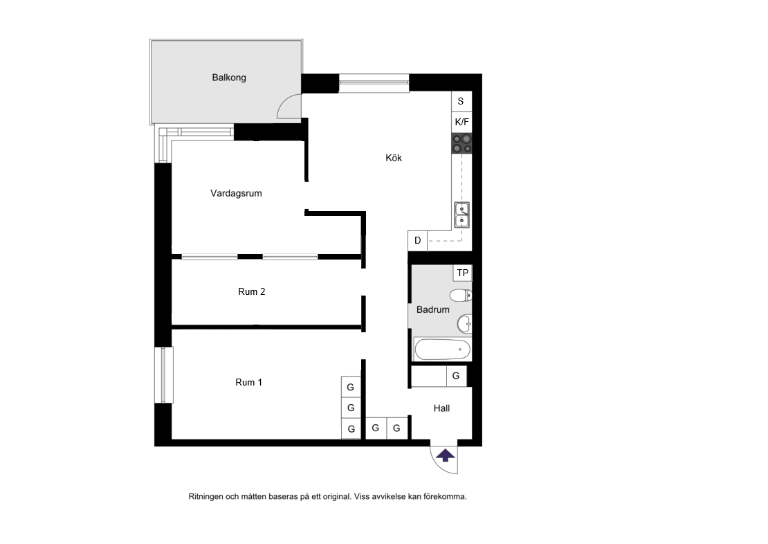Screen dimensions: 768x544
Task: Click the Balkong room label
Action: pyautogui.click(x=229, y=78)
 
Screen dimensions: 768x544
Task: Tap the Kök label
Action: pyautogui.click(x=393, y=158)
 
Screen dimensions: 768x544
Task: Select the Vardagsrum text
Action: pyautogui.click(x=236, y=193)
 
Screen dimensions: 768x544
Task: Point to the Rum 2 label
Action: pyautogui.click(x=251, y=291)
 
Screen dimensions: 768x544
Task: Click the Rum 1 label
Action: pyautogui.click(x=249, y=382)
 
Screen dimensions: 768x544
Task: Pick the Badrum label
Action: pyautogui.click(x=433, y=310)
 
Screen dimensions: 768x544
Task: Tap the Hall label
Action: pyautogui.click(x=441, y=408)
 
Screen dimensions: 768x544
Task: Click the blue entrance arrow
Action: pyautogui.click(x=445, y=456)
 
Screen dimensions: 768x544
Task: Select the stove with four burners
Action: pyautogui.click(x=462, y=143)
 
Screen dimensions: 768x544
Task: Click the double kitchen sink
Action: pyautogui.click(x=462, y=215)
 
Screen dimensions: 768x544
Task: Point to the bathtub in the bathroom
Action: pyautogui.click(x=442, y=350)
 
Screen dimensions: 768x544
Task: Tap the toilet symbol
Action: pyautogui.click(x=461, y=296)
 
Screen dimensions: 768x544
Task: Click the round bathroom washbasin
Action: pyautogui.click(x=464, y=323)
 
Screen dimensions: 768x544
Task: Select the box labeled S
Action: pyautogui.click(x=461, y=102)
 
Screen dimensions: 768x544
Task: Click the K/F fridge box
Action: pyautogui.click(x=461, y=122)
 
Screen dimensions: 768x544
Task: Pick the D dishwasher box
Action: pyautogui.click(x=417, y=241)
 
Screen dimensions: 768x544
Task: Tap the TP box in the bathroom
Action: pyautogui.click(x=462, y=273)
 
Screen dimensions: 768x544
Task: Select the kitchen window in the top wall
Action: pyautogui.click(x=374, y=83)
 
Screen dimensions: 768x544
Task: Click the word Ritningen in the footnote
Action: pyautogui.click(x=205, y=496)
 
